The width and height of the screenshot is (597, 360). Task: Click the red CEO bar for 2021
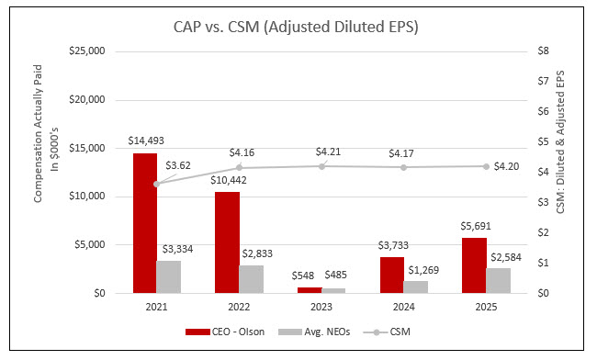[x=144, y=223]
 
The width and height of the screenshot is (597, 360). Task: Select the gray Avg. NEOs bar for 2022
[x=251, y=279]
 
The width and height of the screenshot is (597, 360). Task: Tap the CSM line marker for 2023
[x=322, y=165]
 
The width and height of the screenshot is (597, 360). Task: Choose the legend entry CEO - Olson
[x=220, y=331]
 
